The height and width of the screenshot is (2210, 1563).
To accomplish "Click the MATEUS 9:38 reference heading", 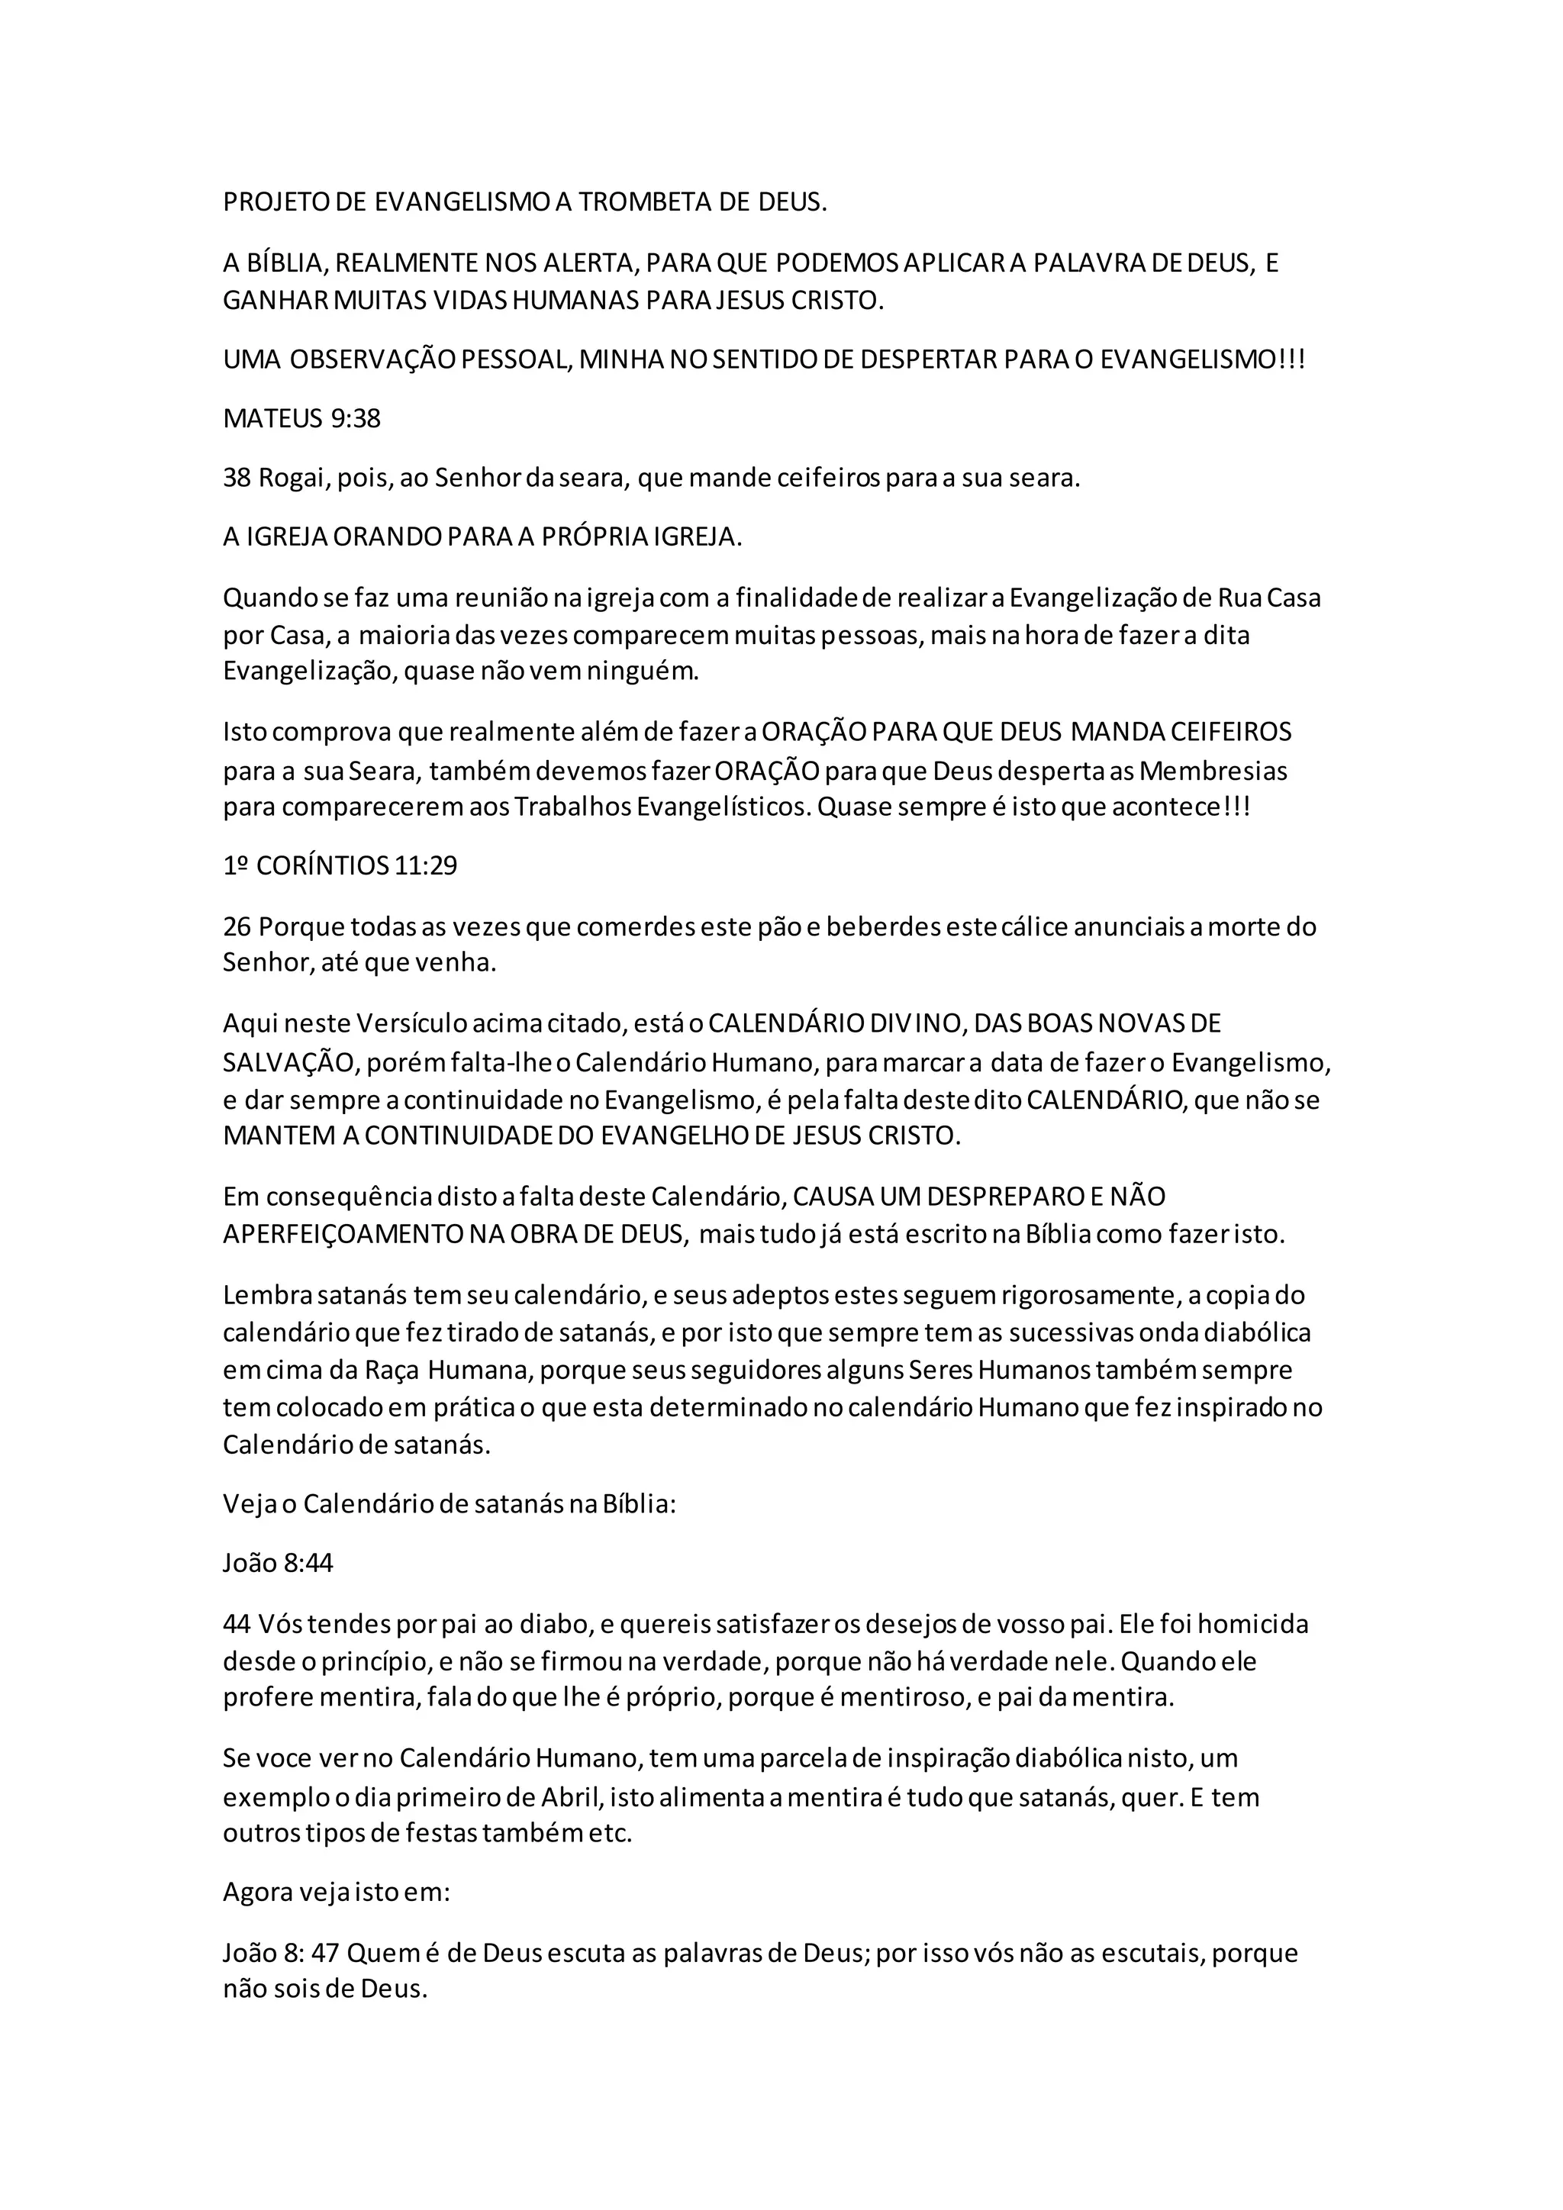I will pyautogui.click(x=301, y=419).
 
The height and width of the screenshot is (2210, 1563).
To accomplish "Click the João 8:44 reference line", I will pyautogui.click(x=278, y=1562).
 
